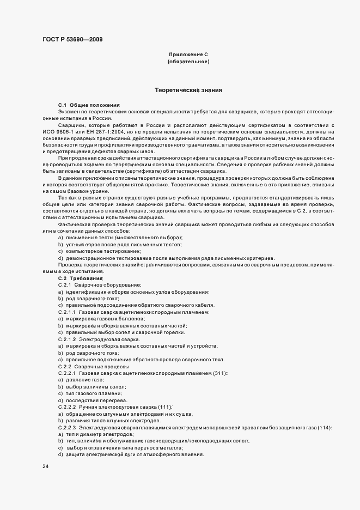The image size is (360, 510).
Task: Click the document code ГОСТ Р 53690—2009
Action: (71, 39)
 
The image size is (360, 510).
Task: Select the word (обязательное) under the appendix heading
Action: (188, 62)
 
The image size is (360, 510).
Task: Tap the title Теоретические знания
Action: (188, 90)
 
